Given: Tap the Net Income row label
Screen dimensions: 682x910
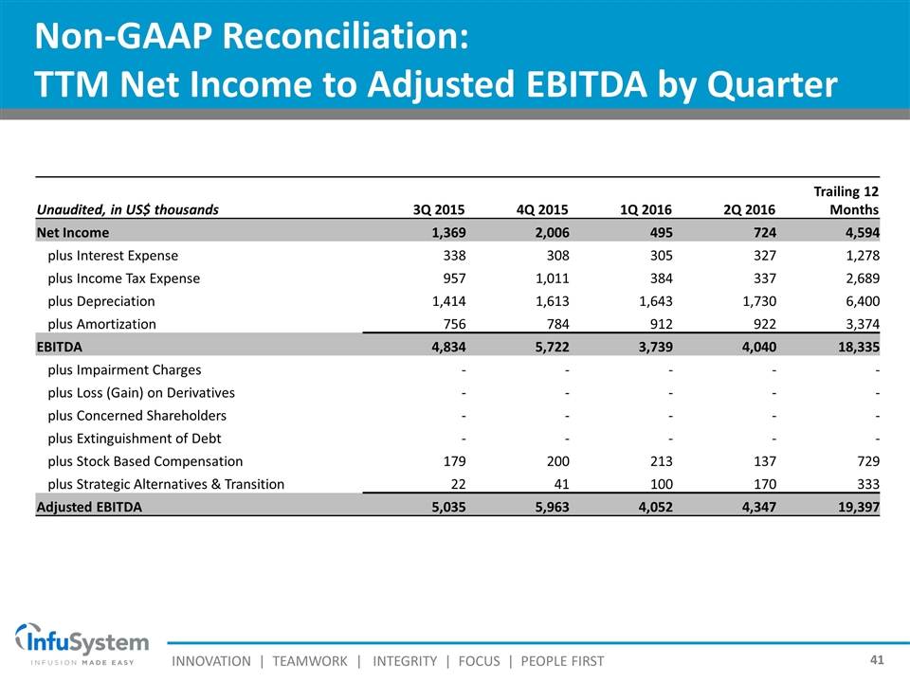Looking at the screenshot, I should click(72, 232).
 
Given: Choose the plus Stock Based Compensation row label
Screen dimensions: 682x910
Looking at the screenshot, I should click(144, 461).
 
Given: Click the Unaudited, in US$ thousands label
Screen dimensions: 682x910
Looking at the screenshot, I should click(127, 210).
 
